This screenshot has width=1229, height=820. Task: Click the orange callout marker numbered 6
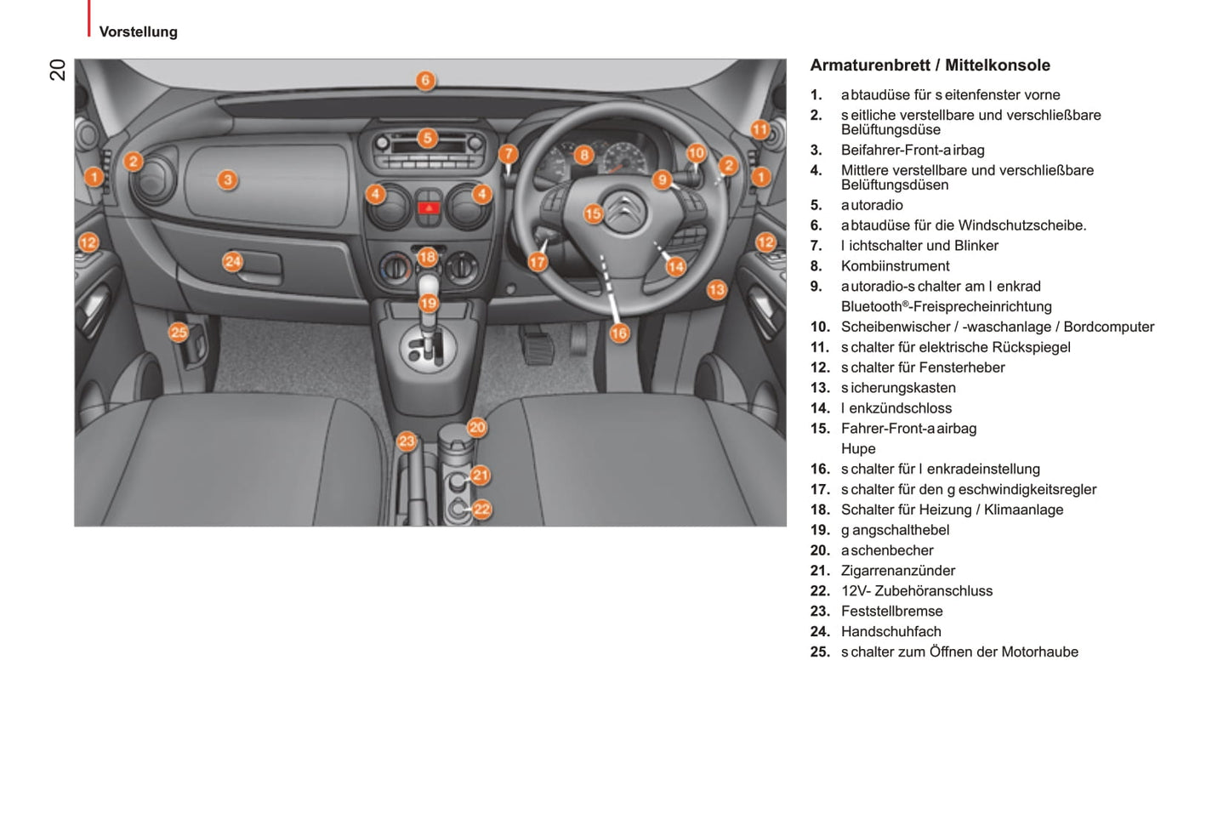point(425,81)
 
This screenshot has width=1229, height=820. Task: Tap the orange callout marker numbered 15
point(593,214)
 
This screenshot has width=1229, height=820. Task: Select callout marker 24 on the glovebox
point(233,262)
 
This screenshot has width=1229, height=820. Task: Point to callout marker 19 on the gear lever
point(428,303)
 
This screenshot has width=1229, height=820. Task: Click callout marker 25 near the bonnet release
point(179,333)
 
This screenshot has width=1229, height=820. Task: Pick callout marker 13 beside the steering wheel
point(717,290)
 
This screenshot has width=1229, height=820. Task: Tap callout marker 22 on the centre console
point(481,510)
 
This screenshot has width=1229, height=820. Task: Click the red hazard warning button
point(428,207)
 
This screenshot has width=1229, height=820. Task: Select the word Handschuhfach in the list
point(890,631)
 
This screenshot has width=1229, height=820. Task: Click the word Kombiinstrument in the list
point(895,266)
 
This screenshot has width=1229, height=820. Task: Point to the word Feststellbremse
point(891,611)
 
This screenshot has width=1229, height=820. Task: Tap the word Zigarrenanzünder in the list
point(897,571)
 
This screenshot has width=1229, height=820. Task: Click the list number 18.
point(820,510)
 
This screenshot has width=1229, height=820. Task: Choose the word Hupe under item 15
point(857,448)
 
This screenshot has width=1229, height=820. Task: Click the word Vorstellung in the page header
point(138,32)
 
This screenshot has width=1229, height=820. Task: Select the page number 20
point(58,70)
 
